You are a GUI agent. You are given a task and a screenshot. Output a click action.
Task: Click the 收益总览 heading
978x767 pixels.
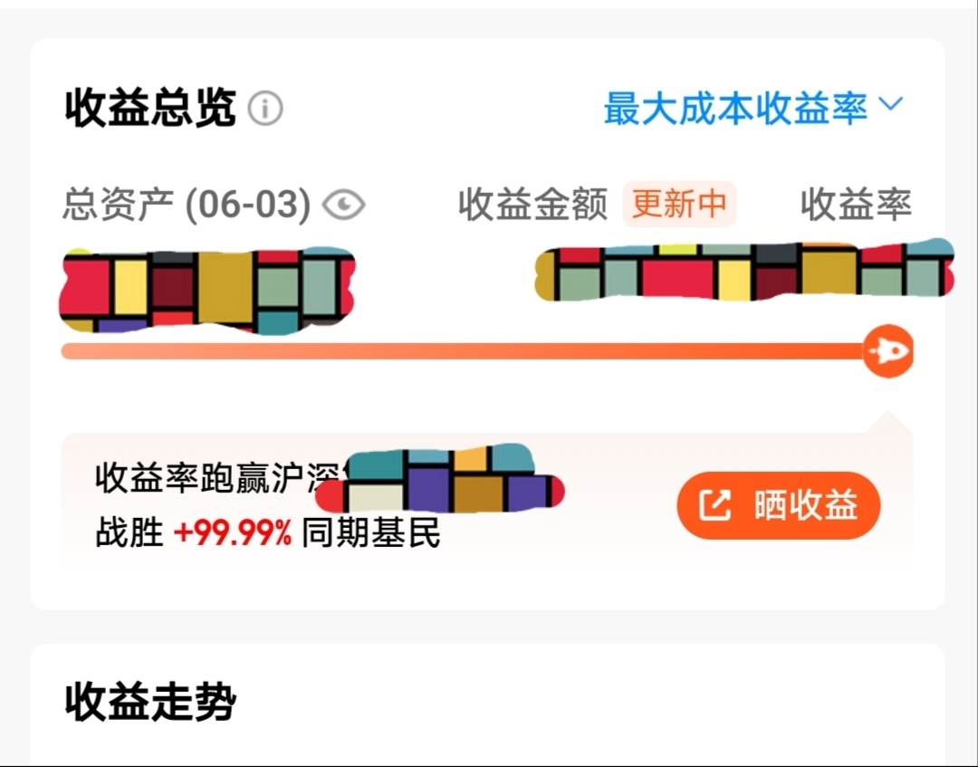150,109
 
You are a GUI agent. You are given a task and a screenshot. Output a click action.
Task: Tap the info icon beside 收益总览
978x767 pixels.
265,109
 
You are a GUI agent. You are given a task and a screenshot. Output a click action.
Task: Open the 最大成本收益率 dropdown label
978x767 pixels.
735,108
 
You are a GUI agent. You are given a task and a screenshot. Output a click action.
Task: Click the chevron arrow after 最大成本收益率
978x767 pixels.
891,105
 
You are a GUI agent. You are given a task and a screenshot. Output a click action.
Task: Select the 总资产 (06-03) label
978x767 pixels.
186,205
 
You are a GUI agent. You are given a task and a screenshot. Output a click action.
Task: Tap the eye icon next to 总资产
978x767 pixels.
343,206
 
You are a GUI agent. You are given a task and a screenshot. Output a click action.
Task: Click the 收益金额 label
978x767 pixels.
532,205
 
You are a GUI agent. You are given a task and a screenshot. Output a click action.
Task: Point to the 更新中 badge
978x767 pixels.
679,204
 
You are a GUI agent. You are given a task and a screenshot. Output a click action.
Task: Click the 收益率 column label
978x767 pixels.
856,205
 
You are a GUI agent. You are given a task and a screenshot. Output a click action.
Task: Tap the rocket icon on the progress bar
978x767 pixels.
887,350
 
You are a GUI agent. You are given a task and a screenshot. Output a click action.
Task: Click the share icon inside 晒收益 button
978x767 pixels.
714,505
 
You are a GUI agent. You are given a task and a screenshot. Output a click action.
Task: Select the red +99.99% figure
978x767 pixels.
233,534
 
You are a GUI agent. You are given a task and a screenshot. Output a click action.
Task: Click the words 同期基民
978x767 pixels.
371,534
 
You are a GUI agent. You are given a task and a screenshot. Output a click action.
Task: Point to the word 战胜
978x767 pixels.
129,534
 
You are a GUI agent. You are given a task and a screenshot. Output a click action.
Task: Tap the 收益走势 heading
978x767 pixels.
150,702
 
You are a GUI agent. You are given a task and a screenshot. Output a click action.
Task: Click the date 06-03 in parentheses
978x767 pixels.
247,205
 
